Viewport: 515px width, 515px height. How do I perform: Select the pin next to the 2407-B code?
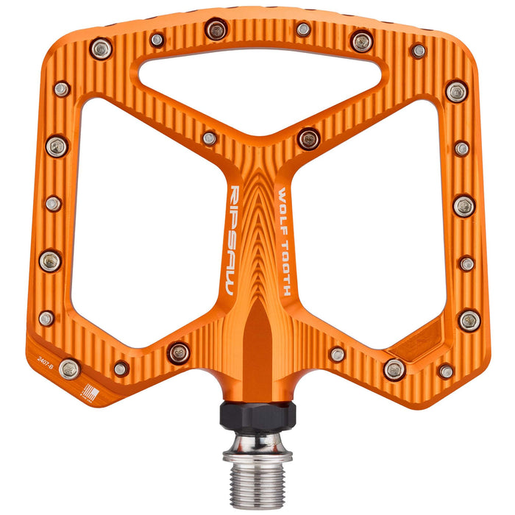coord(70,368)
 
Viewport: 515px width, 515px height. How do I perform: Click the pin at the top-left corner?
coord(102,49)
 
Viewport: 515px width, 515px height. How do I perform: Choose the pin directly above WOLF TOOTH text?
coord(308,138)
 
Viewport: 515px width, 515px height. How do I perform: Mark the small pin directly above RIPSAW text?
coord(210,138)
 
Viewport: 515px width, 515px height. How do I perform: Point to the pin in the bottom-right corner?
coord(447,371)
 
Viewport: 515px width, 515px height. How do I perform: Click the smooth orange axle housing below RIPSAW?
coord(257,346)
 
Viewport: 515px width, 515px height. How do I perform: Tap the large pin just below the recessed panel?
coord(394,368)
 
